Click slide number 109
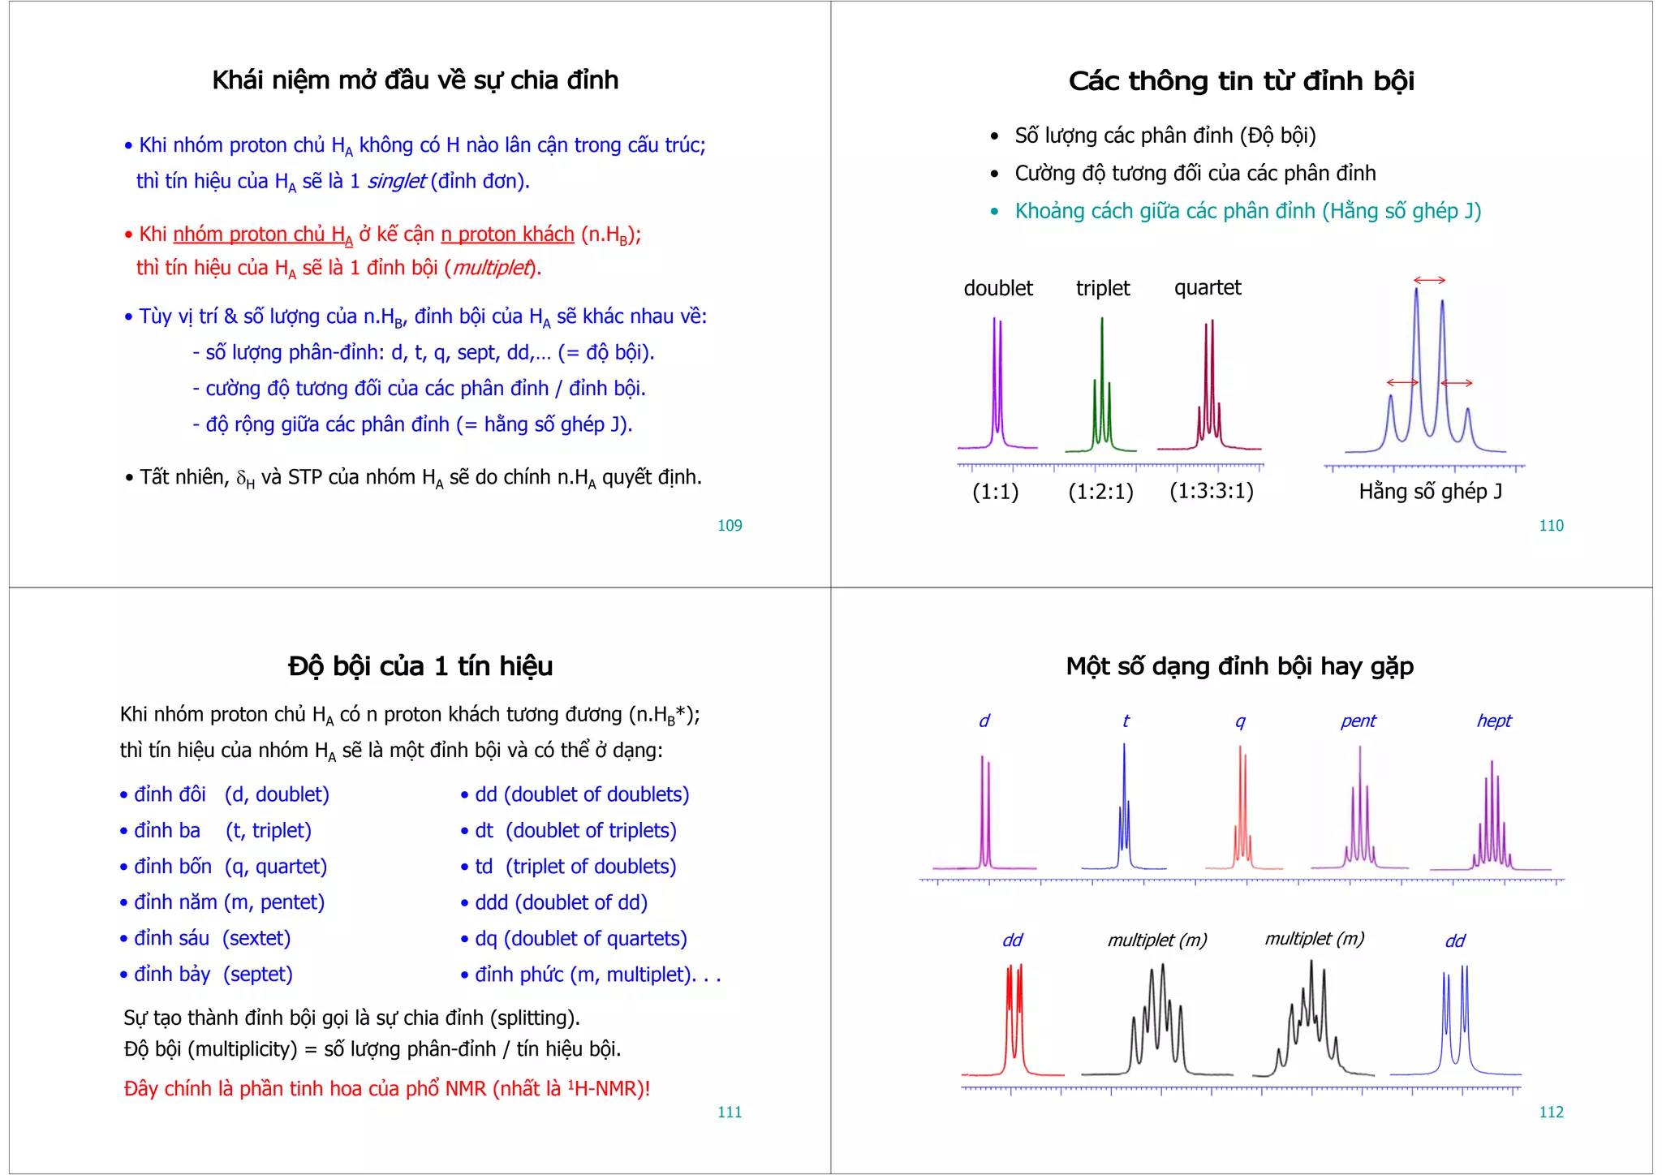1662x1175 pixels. pos(730,526)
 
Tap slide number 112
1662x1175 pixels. pos(1551,1113)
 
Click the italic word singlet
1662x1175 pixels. pos(396,181)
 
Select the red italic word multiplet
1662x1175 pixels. pos(492,268)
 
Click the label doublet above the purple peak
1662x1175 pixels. pos(998,288)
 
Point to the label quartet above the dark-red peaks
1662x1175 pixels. pos(1208,288)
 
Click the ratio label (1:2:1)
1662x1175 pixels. pos(1100,492)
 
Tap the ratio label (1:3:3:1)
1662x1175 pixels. pos(1212,491)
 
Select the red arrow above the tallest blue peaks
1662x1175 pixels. pos(1429,280)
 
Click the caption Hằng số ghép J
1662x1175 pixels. pos(1430,492)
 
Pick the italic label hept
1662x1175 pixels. pos(1494,721)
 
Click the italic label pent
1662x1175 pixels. pos(1358,721)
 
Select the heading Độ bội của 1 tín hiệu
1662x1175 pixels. pos(420,666)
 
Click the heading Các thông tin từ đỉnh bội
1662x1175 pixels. pos(1241,81)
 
